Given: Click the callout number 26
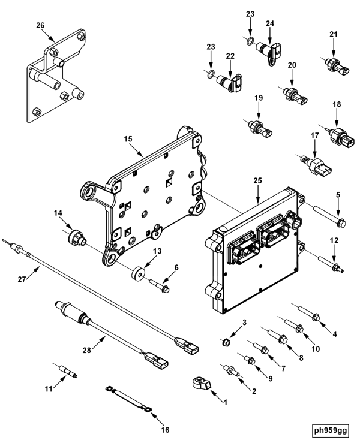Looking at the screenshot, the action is [x=40, y=25].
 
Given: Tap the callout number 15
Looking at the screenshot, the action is [x=128, y=139].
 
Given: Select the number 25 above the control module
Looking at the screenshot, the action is [x=257, y=180].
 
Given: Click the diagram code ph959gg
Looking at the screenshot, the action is [x=331, y=430].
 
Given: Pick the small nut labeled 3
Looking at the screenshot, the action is [x=226, y=342].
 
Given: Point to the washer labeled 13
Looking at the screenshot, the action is [x=138, y=273].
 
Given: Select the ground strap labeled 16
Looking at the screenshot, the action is [x=128, y=398].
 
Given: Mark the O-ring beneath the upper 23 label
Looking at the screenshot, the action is [x=250, y=41].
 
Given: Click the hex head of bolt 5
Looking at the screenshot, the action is [x=341, y=223].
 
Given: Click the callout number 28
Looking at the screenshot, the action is [x=87, y=350].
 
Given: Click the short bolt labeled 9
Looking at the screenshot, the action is [x=248, y=358].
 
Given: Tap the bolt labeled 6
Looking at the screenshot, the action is [x=159, y=285].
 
